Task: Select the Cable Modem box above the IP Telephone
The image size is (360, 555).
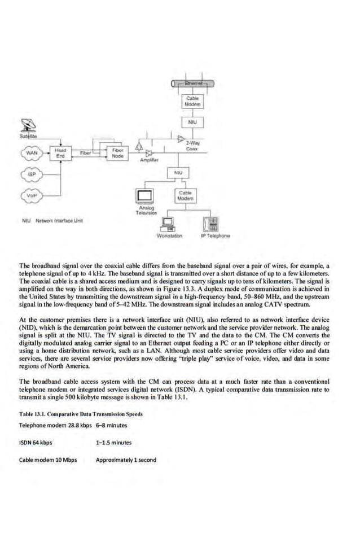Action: coord(186,195)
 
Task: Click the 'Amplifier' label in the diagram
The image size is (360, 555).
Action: coord(148,160)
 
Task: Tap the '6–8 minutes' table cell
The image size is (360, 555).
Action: coord(112,425)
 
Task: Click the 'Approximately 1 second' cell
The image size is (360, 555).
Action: coord(126,460)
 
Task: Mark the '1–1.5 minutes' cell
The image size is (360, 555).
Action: coord(115,442)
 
